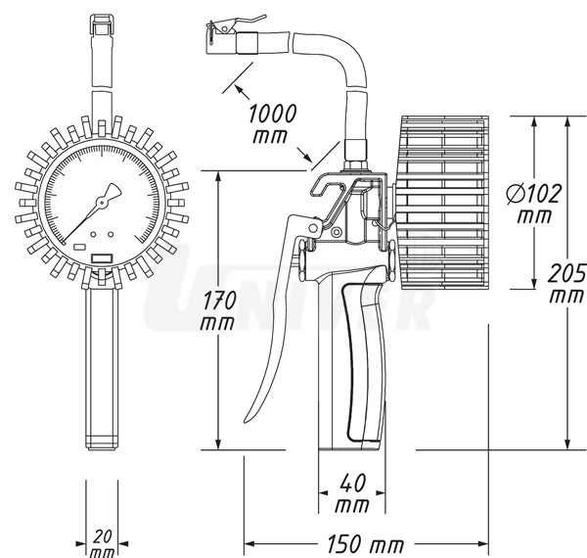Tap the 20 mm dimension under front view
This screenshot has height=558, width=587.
102,542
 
